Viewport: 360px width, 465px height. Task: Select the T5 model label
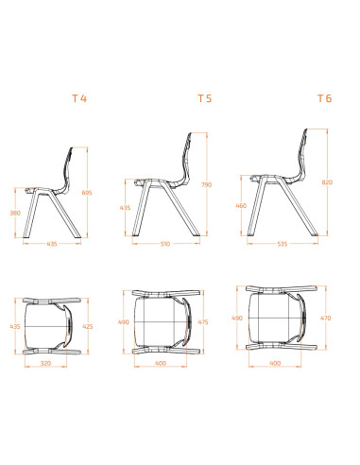204,97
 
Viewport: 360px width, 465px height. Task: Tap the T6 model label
324,97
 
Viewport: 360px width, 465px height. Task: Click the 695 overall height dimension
87,193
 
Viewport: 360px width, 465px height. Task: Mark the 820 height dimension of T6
328,181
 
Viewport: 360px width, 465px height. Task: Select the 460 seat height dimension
242,205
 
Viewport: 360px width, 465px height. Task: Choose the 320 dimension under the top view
45,362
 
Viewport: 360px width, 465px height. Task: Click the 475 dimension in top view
203,321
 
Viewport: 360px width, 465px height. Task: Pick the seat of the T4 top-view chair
47,327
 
